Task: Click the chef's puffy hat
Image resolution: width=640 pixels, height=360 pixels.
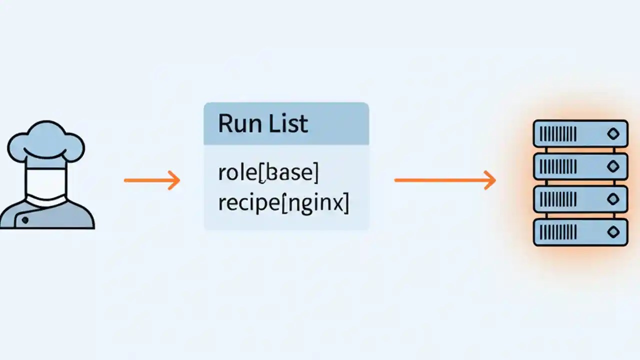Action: [45, 142]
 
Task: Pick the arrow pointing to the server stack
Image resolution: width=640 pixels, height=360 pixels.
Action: [444, 180]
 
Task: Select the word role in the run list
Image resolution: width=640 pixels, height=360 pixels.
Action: [237, 172]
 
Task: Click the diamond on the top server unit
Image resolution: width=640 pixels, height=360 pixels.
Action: [612, 133]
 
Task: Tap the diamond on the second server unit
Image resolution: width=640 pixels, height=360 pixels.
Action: [612, 166]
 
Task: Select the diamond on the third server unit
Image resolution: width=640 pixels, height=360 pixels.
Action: [612, 199]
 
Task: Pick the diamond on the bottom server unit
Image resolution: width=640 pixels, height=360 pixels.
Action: [612, 232]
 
